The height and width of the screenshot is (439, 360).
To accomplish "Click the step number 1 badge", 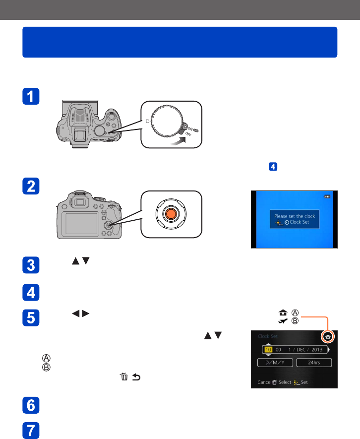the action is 33,97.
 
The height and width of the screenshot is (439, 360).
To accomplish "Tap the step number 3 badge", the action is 33,264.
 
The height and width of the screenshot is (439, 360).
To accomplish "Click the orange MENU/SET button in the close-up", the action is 171,213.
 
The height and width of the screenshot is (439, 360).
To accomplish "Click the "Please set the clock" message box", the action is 295,219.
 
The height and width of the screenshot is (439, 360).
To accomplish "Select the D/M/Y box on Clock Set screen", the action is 275,363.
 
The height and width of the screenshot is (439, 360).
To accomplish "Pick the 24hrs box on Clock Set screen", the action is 314,363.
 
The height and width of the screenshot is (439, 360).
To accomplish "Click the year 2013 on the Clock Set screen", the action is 317,349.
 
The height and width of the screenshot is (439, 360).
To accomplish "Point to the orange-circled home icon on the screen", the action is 327,336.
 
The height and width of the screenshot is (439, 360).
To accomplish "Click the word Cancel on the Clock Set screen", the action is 263,382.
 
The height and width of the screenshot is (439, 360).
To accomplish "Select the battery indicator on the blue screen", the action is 327,197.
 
